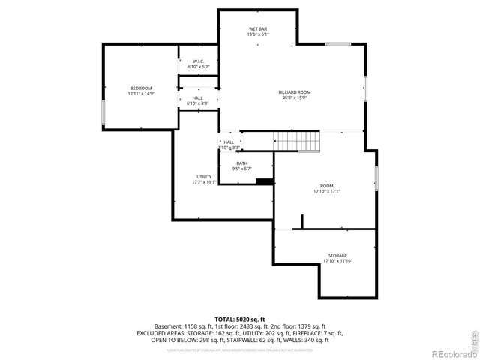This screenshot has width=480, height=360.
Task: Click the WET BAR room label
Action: [x=258, y=29]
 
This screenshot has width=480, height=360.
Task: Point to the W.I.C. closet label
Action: [x=198, y=61]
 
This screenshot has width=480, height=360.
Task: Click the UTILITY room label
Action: [x=204, y=177]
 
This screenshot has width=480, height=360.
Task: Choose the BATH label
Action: [x=241, y=163]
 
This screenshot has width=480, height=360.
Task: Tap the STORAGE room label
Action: [x=337, y=256]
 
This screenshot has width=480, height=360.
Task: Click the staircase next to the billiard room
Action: [x=297, y=140]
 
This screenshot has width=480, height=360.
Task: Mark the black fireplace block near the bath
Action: [x=264, y=181]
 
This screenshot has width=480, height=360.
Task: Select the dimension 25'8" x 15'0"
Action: [x=295, y=97]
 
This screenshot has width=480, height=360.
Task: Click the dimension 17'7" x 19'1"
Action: [x=204, y=182]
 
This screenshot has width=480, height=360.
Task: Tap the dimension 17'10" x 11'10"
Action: [x=337, y=261]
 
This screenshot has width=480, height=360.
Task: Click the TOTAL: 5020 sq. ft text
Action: [x=239, y=319]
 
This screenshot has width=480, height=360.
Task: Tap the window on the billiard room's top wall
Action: [x=337, y=44]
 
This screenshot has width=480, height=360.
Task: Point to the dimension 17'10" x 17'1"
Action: [x=327, y=191]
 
